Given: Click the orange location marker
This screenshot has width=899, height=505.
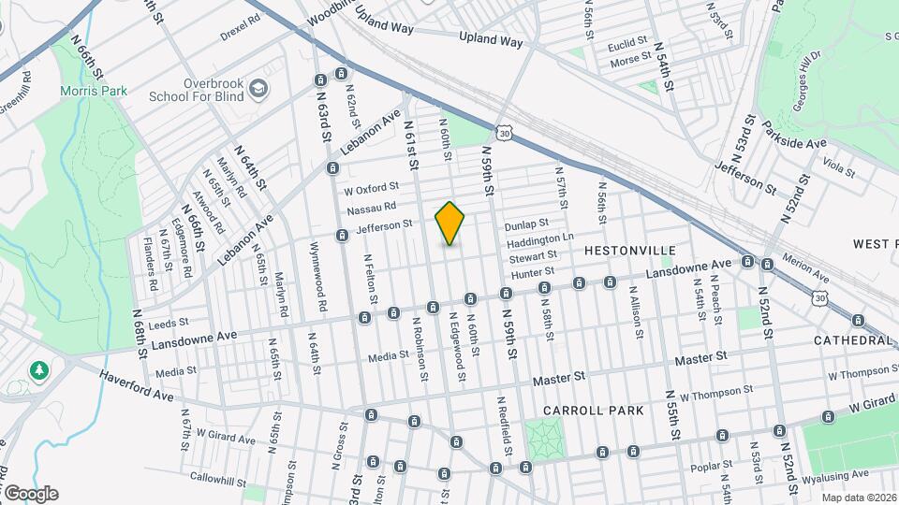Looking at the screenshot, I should pos(449,223).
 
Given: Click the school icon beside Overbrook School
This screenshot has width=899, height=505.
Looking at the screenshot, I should pos(258,90).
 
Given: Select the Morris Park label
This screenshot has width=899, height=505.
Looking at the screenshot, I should pos(94,91).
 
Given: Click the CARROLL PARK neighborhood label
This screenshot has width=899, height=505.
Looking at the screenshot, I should pos(593,411).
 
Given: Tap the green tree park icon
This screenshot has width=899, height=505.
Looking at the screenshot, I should pos(39,371).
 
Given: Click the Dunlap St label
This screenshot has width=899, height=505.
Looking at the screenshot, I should pos(525,224).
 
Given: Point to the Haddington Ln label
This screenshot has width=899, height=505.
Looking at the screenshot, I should pos(540,239).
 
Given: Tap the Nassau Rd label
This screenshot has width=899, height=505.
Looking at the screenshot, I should pos(372,208).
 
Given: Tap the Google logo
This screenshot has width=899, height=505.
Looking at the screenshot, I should pos(30,493).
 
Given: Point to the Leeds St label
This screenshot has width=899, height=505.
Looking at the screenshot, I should pos(169,322).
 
